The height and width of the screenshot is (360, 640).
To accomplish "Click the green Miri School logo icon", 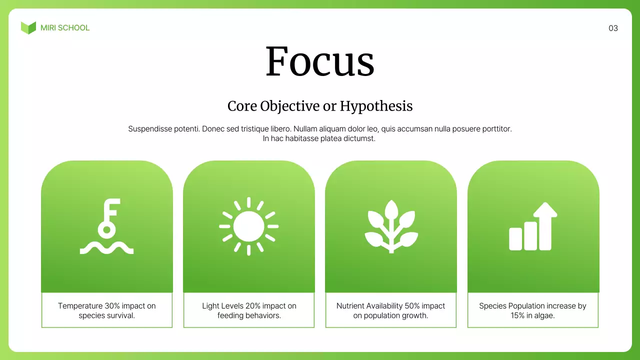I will click(28, 28).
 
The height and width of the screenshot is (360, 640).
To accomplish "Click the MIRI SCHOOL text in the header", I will click(65, 28).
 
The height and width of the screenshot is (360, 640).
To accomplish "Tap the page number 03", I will click(613, 28).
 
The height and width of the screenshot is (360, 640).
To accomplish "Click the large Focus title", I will click(320, 61).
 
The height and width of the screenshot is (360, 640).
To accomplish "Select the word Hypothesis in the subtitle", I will click(376, 106).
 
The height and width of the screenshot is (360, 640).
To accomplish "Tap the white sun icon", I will click(248, 226).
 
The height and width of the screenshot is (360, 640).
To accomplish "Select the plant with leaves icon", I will click(391, 226).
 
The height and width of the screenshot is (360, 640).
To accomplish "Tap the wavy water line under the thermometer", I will click(106, 248).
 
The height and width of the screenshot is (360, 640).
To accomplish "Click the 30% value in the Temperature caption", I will click(112, 306).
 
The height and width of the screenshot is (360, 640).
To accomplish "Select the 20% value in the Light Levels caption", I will click(253, 306).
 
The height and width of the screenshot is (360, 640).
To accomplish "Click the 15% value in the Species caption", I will click(518, 315).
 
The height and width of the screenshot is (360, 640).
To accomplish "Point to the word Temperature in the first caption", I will click(80, 306).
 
